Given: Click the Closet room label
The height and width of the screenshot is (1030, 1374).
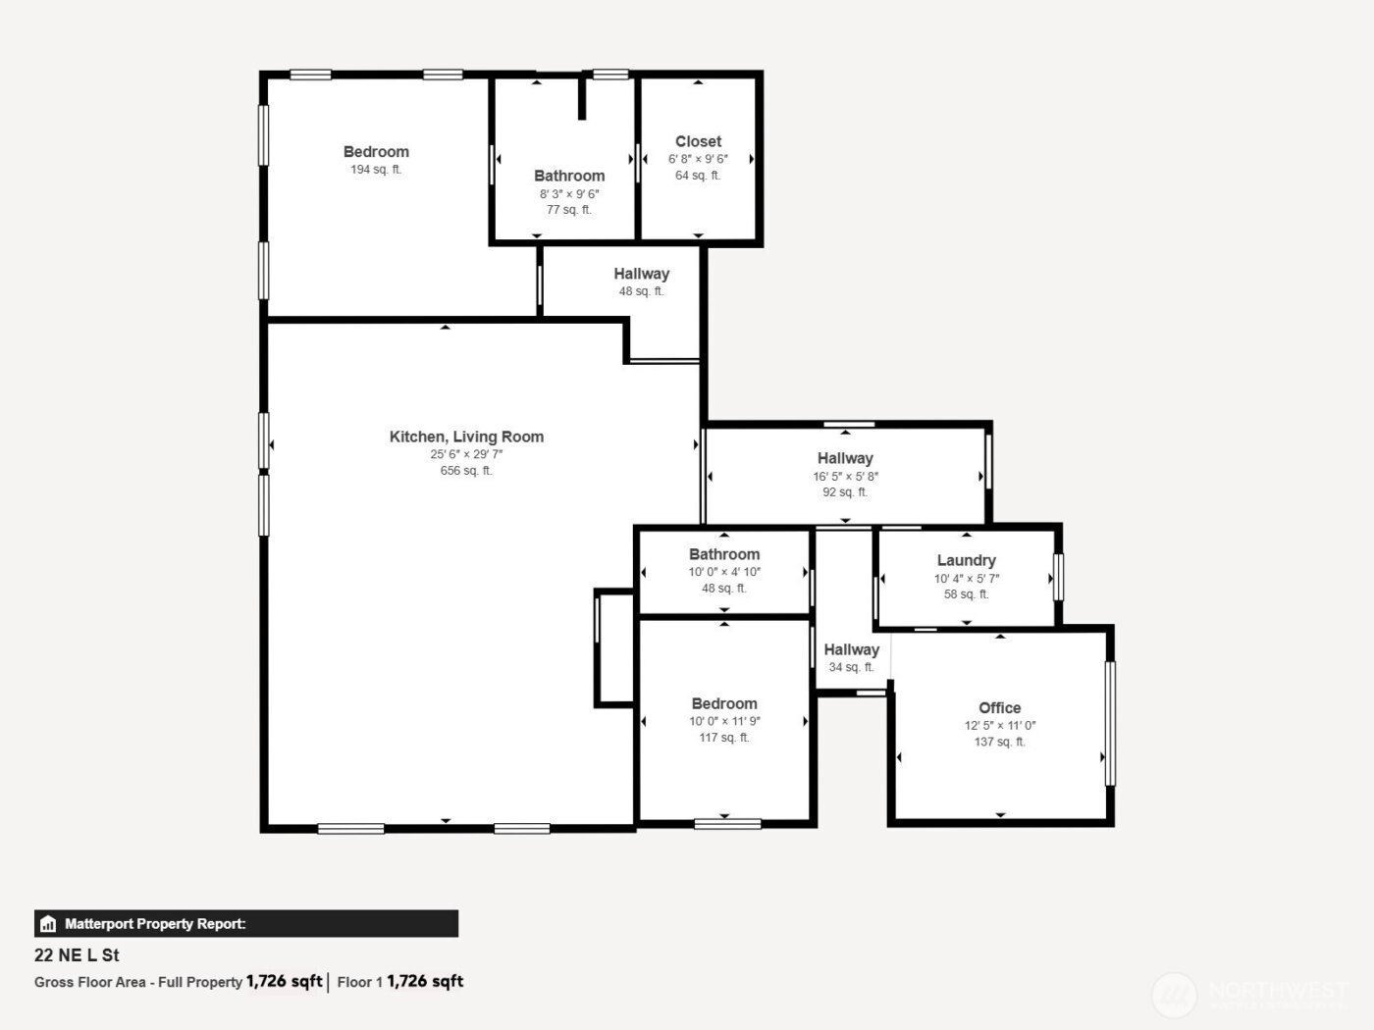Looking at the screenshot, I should click(698, 141).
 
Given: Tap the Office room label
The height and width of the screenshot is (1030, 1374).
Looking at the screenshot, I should click(999, 707).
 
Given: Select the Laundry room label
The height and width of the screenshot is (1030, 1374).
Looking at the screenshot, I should click(966, 560).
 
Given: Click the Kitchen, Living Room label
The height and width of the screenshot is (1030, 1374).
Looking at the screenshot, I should click(466, 437).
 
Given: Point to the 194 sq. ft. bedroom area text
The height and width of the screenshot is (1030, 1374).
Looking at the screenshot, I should click(376, 170).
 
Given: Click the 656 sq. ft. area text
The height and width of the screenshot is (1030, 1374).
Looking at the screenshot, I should click(466, 471).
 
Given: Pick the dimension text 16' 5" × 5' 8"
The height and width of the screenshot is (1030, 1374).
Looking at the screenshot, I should click(845, 477).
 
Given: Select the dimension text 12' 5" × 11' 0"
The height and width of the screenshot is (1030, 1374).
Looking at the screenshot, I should click(999, 726).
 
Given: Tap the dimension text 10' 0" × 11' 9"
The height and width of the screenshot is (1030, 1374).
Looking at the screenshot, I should click(724, 721).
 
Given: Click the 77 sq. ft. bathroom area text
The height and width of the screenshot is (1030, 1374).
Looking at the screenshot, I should click(569, 210).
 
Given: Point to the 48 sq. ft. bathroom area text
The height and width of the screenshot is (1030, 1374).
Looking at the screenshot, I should click(724, 589).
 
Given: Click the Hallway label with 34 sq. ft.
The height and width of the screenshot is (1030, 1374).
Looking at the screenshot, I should click(851, 649).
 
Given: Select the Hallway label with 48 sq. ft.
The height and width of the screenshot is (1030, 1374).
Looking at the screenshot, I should click(642, 274).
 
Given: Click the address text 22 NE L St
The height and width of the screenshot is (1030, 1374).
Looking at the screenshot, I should click(77, 954).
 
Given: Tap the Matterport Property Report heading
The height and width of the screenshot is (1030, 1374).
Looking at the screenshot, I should click(155, 924).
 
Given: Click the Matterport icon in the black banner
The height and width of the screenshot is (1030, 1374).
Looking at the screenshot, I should click(48, 924).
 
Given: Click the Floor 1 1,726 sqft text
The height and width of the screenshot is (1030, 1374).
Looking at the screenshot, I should click(400, 981).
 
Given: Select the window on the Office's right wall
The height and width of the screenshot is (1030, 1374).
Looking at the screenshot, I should click(1110, 724).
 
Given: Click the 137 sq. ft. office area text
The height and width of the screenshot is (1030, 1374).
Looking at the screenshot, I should click(999, 743).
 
